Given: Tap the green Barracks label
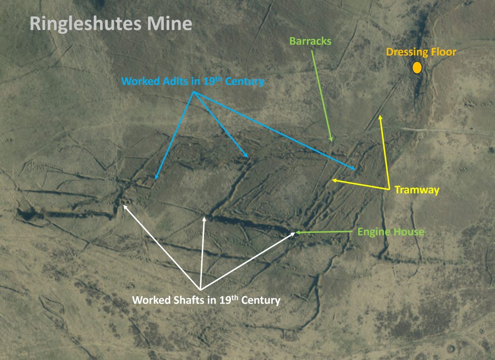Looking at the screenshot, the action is (x=310, y=41).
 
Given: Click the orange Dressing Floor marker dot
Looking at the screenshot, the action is (x=417, y=68).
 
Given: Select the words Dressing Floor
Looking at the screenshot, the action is (x=421, y=52).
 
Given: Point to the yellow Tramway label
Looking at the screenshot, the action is (x=417, y=190).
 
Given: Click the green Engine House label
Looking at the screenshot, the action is (x=391, y=232).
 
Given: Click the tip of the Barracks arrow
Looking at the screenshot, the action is (x=332, y=142).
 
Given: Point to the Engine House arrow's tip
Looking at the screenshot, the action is (x=296, y=232).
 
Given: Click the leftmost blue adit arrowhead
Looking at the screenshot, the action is (x=156, y=179).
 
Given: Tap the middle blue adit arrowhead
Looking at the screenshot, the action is (x=247, y=157).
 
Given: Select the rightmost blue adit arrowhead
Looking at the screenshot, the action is (x=355, y=169).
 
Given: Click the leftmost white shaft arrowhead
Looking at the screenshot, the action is (x=124, y=205).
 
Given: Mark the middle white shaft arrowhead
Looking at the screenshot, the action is (x=204, y=218).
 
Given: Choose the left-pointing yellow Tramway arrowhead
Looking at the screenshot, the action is (x=333, y=180).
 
